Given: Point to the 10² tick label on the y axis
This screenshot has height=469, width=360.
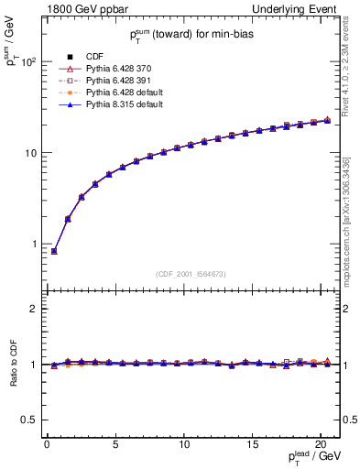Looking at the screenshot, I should (27, 62).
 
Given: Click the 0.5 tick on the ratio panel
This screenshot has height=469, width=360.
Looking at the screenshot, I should (29, 420).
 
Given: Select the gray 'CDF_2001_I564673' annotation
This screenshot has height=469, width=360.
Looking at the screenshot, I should (191, 274).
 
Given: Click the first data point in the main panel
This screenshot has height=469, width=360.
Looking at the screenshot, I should (54, 250).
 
